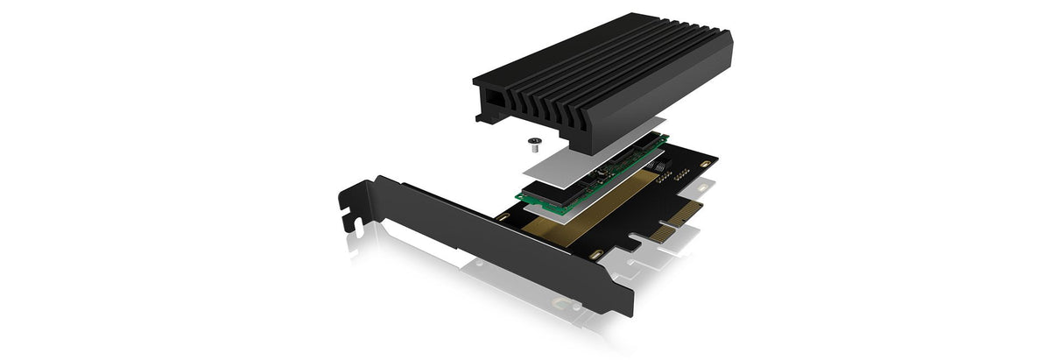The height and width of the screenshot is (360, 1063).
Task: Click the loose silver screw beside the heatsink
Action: [x=531, y=138]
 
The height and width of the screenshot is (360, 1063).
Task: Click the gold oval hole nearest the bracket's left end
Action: [x=502, y=215]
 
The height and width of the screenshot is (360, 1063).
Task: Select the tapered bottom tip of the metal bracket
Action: [x=623, y=307]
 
